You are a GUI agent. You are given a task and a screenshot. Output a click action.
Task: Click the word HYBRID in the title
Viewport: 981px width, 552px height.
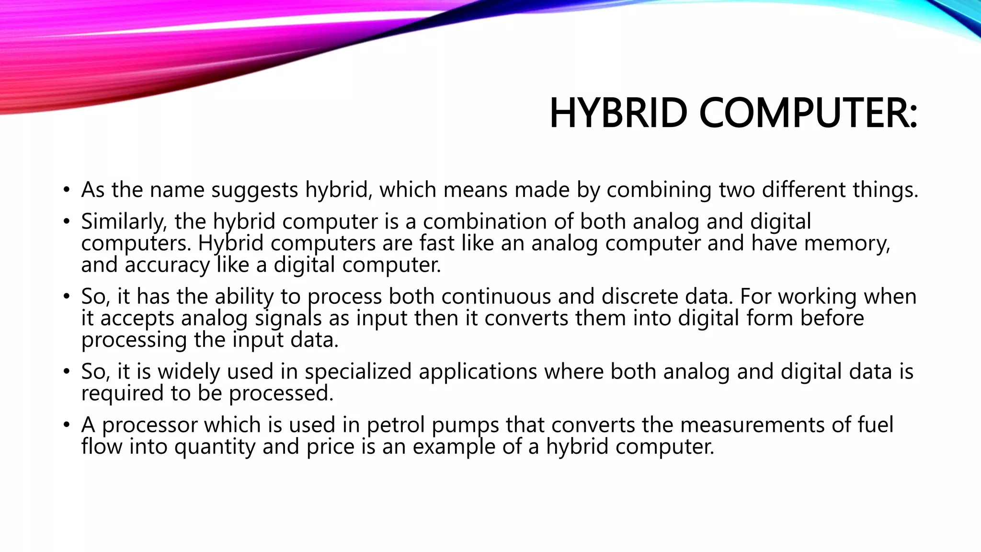point(618,113)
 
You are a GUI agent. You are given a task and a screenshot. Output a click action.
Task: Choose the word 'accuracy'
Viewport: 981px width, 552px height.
point(167,265)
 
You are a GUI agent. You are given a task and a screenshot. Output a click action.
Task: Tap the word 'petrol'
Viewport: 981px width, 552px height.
point(396,425)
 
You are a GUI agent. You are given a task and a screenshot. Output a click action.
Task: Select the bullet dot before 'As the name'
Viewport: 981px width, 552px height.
point(66,190)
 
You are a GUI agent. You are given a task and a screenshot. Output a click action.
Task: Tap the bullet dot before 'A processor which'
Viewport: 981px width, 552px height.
point(66,425)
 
